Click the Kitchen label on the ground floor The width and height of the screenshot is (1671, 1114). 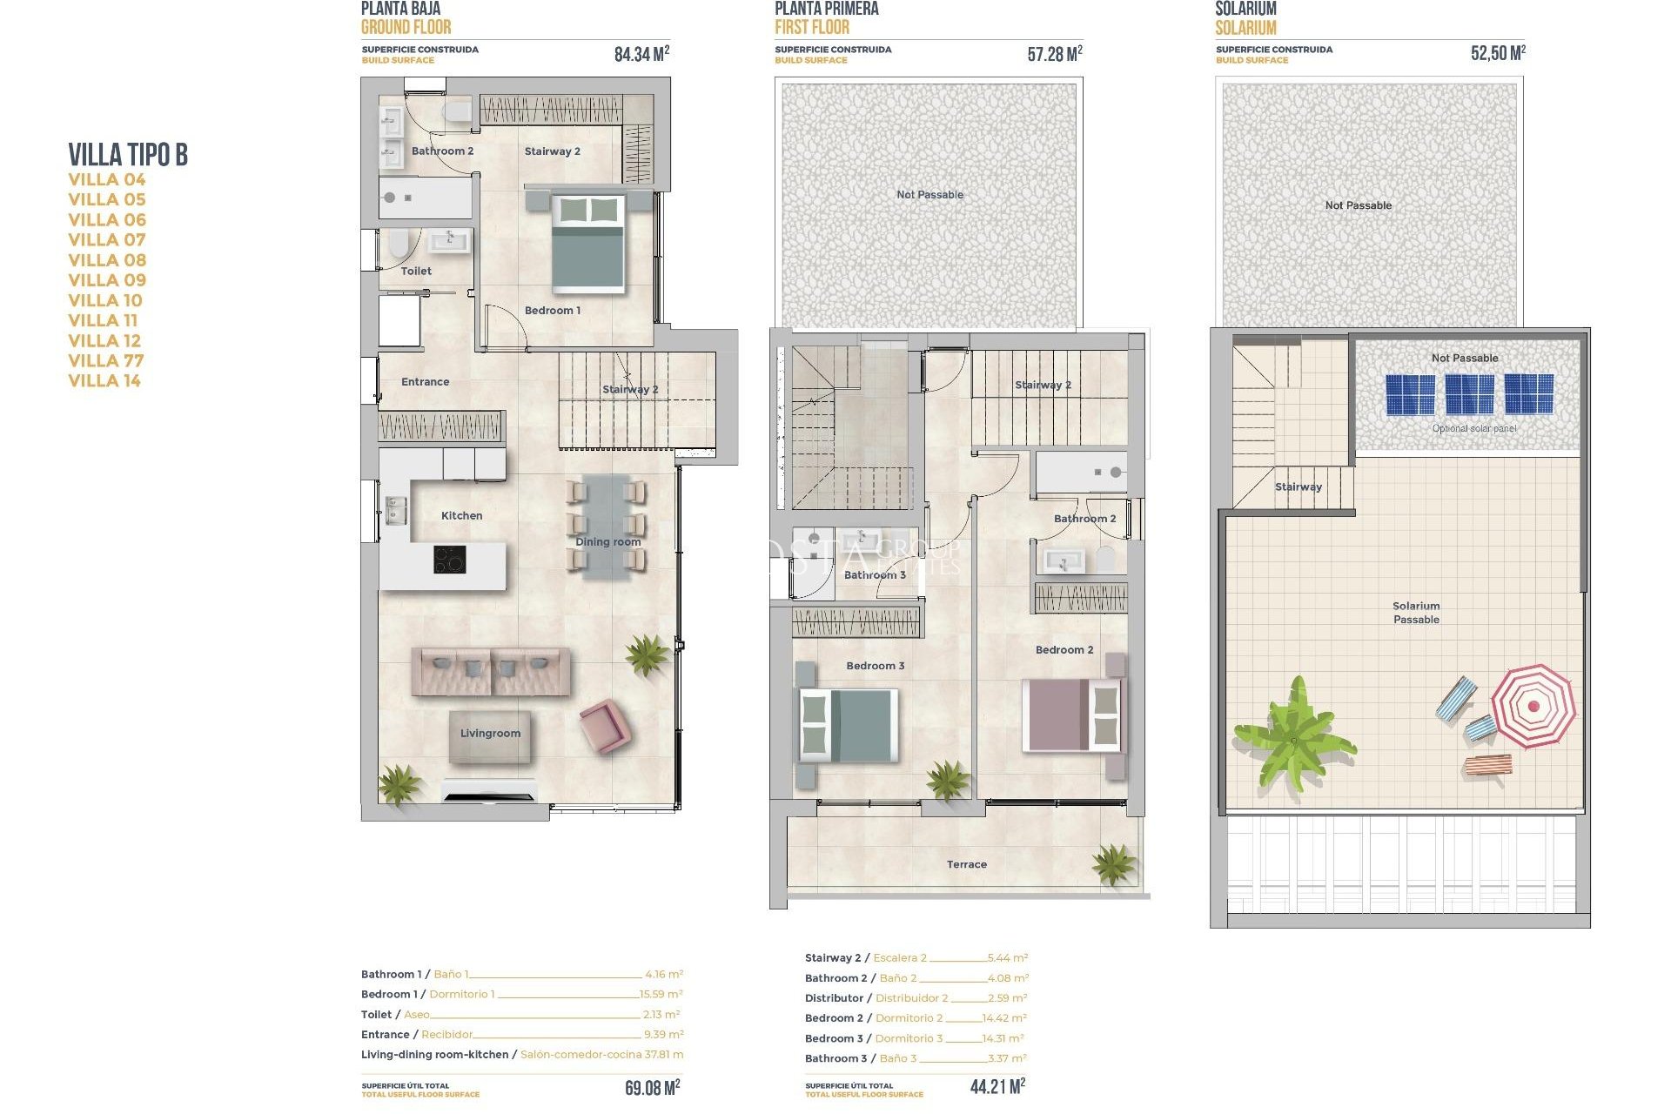(x=461, y=516)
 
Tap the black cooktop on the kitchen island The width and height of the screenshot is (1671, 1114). (x=449, y=560)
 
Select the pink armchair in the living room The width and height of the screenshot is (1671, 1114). (x=602, y=726)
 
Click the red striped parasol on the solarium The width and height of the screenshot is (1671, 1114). (x=1533, y=706)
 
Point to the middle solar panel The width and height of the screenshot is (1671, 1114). (x=1469, y=394)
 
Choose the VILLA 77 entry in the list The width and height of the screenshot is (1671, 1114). (x=106, y=360)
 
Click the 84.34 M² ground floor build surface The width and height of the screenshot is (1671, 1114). (x=641, y=54)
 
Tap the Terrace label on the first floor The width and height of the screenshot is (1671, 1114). (x=966, y=864)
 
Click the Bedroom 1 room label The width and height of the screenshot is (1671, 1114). (x=552, y=311)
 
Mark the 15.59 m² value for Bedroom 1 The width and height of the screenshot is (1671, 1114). (x=661, y=994)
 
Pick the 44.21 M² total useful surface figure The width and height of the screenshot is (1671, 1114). (x=997, y=1086)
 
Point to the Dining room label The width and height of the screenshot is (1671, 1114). (x=607, y=542)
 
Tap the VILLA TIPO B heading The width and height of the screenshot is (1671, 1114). (x=128, y=155)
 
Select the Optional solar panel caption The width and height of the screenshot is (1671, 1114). (x=1473, y=428)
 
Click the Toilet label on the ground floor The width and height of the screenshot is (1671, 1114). (x=416, y=272)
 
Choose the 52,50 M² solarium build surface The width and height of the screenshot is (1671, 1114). (x=1497, y=53)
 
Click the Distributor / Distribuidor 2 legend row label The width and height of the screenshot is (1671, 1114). (x=876, y=998)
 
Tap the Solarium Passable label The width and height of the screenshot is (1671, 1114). (x=1416, y=613)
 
